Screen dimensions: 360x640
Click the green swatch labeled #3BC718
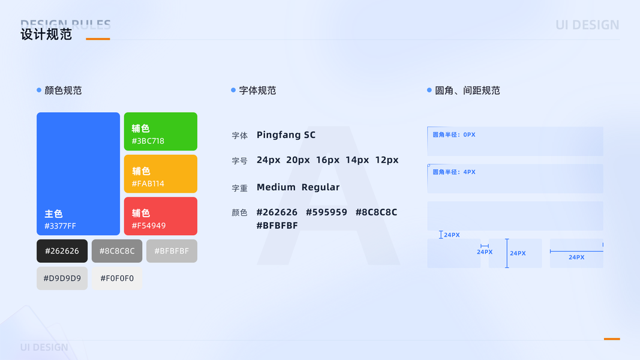click(160, 131)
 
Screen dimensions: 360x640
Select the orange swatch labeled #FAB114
click(160, 174)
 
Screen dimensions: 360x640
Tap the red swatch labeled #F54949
click(160, 216)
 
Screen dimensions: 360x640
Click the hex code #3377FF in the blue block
click(60, 226)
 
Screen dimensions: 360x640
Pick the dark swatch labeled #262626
click(62, 251)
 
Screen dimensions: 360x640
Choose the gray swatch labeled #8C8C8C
click(117, 251)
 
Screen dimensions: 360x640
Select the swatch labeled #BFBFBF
click(172, 251)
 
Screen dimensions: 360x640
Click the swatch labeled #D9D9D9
click(62, 278)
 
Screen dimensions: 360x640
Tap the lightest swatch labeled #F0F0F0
click(117, 278)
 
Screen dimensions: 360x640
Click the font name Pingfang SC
click(286, 135)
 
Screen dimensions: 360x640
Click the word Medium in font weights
click(276, 187)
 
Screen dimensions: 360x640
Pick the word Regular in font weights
click(320, 187)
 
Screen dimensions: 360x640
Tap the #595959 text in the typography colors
click(326, 212)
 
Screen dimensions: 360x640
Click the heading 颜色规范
click(63, 91)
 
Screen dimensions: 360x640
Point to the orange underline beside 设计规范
click(98, 39)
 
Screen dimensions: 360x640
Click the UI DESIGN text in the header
click(587, 25)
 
